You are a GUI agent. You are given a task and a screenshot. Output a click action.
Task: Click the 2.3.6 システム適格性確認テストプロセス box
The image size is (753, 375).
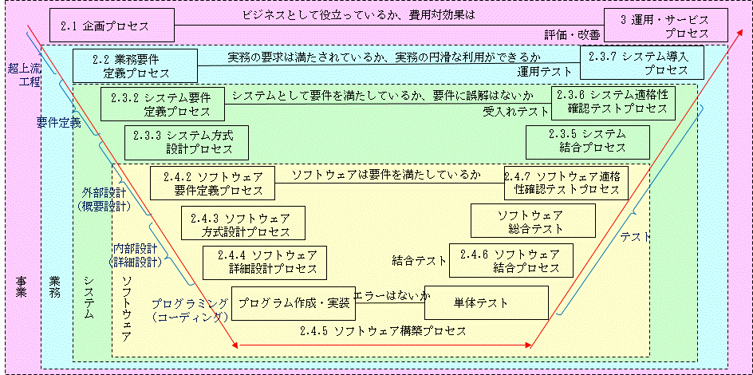click(x=613, y=102)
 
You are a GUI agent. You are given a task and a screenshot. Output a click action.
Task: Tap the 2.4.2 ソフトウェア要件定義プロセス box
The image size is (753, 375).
click(x=212, y=183)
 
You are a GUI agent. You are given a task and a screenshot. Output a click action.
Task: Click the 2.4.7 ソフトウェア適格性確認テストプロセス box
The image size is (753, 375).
click(x=566, y=183)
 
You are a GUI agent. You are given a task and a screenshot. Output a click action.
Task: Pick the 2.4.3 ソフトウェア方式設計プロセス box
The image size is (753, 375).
click(x=235, y=224)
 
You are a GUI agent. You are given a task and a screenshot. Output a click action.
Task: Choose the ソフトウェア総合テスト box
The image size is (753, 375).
click(x=533, y=221)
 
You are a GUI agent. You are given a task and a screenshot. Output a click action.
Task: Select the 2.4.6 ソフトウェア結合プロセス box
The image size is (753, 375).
click(x=514, y=261)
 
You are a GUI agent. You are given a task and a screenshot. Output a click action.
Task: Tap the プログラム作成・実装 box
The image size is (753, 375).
click(x=293, y=303)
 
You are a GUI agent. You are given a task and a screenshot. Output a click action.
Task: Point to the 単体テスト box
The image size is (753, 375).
click(x=487, y=302)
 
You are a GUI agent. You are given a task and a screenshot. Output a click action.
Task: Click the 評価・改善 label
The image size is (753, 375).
click(x=573, y=35)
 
